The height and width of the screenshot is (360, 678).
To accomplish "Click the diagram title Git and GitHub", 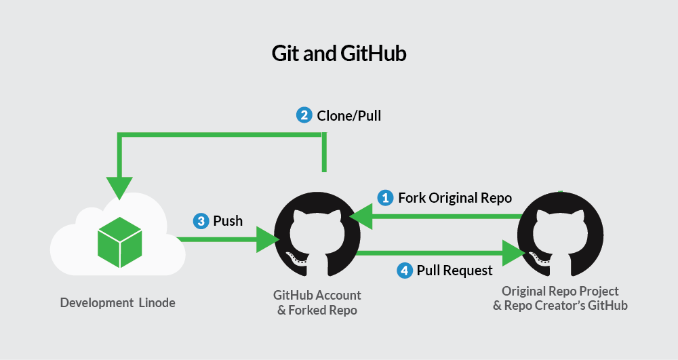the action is (x=339, y=54).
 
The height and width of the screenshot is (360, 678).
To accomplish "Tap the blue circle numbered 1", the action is (x=385, y=198).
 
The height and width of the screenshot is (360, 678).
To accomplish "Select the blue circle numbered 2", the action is (x=304, y=115).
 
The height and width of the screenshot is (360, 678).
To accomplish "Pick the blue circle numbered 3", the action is (x=201, y=221).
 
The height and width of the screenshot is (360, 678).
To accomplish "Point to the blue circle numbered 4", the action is (x=404, y=271).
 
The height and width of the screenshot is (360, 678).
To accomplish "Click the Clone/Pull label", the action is (x=349, y=116).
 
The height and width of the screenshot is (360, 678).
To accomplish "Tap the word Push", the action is (x=228, y=221).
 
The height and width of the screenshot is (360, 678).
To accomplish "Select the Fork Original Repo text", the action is (x=455, y=198).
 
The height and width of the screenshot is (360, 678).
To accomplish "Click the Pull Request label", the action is (x=454, y=271).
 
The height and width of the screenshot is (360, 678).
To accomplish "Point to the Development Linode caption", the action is (x=117, y=302).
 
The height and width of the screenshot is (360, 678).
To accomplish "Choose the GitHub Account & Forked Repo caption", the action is (x=317, y=302).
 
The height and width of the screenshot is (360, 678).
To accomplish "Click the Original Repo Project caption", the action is (x=560, y=292).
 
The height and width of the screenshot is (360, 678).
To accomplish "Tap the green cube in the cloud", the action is (x=120, y=242).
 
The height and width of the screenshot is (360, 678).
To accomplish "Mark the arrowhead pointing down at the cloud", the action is (x=119, y=188).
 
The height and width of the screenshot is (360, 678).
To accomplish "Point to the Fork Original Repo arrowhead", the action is (x=361, y=216).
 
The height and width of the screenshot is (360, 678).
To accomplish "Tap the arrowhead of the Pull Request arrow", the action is (x=514, y=253).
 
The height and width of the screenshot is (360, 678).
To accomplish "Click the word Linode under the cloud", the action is (x=157, y=302).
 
